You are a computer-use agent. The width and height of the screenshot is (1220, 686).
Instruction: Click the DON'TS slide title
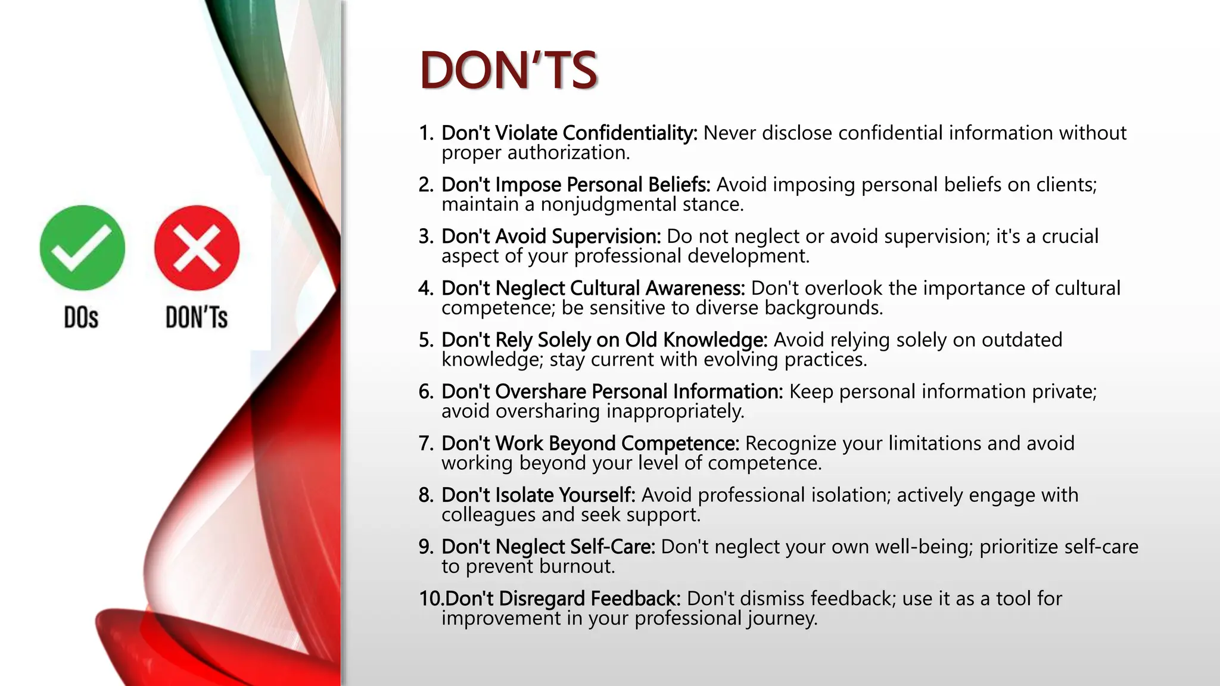click(508, 70)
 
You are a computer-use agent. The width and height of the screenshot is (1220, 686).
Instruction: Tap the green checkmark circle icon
click(82, 248)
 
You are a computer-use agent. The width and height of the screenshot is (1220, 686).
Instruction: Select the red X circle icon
click(197, 248)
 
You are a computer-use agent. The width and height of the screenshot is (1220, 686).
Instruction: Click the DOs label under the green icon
click(81, 317)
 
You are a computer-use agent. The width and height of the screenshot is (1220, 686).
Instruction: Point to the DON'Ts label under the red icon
click(197, 317)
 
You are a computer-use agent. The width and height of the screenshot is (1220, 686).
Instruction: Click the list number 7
click(425, 444)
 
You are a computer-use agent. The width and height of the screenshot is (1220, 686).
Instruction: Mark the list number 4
click(425, 288)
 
